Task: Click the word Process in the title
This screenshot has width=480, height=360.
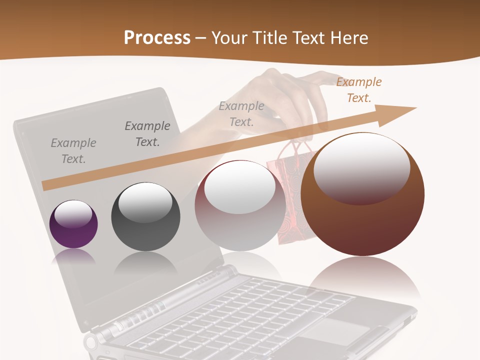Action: (157, 37)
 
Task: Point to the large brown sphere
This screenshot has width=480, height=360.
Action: (362, 225)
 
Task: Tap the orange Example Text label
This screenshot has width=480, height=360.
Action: (359, 90)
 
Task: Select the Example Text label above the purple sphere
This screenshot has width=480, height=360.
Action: (73, 150)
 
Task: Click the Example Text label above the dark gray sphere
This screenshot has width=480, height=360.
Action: (147, 133)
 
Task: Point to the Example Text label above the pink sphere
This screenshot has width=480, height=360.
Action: (241, 113)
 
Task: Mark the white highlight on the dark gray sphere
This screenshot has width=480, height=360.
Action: (145, 202)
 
